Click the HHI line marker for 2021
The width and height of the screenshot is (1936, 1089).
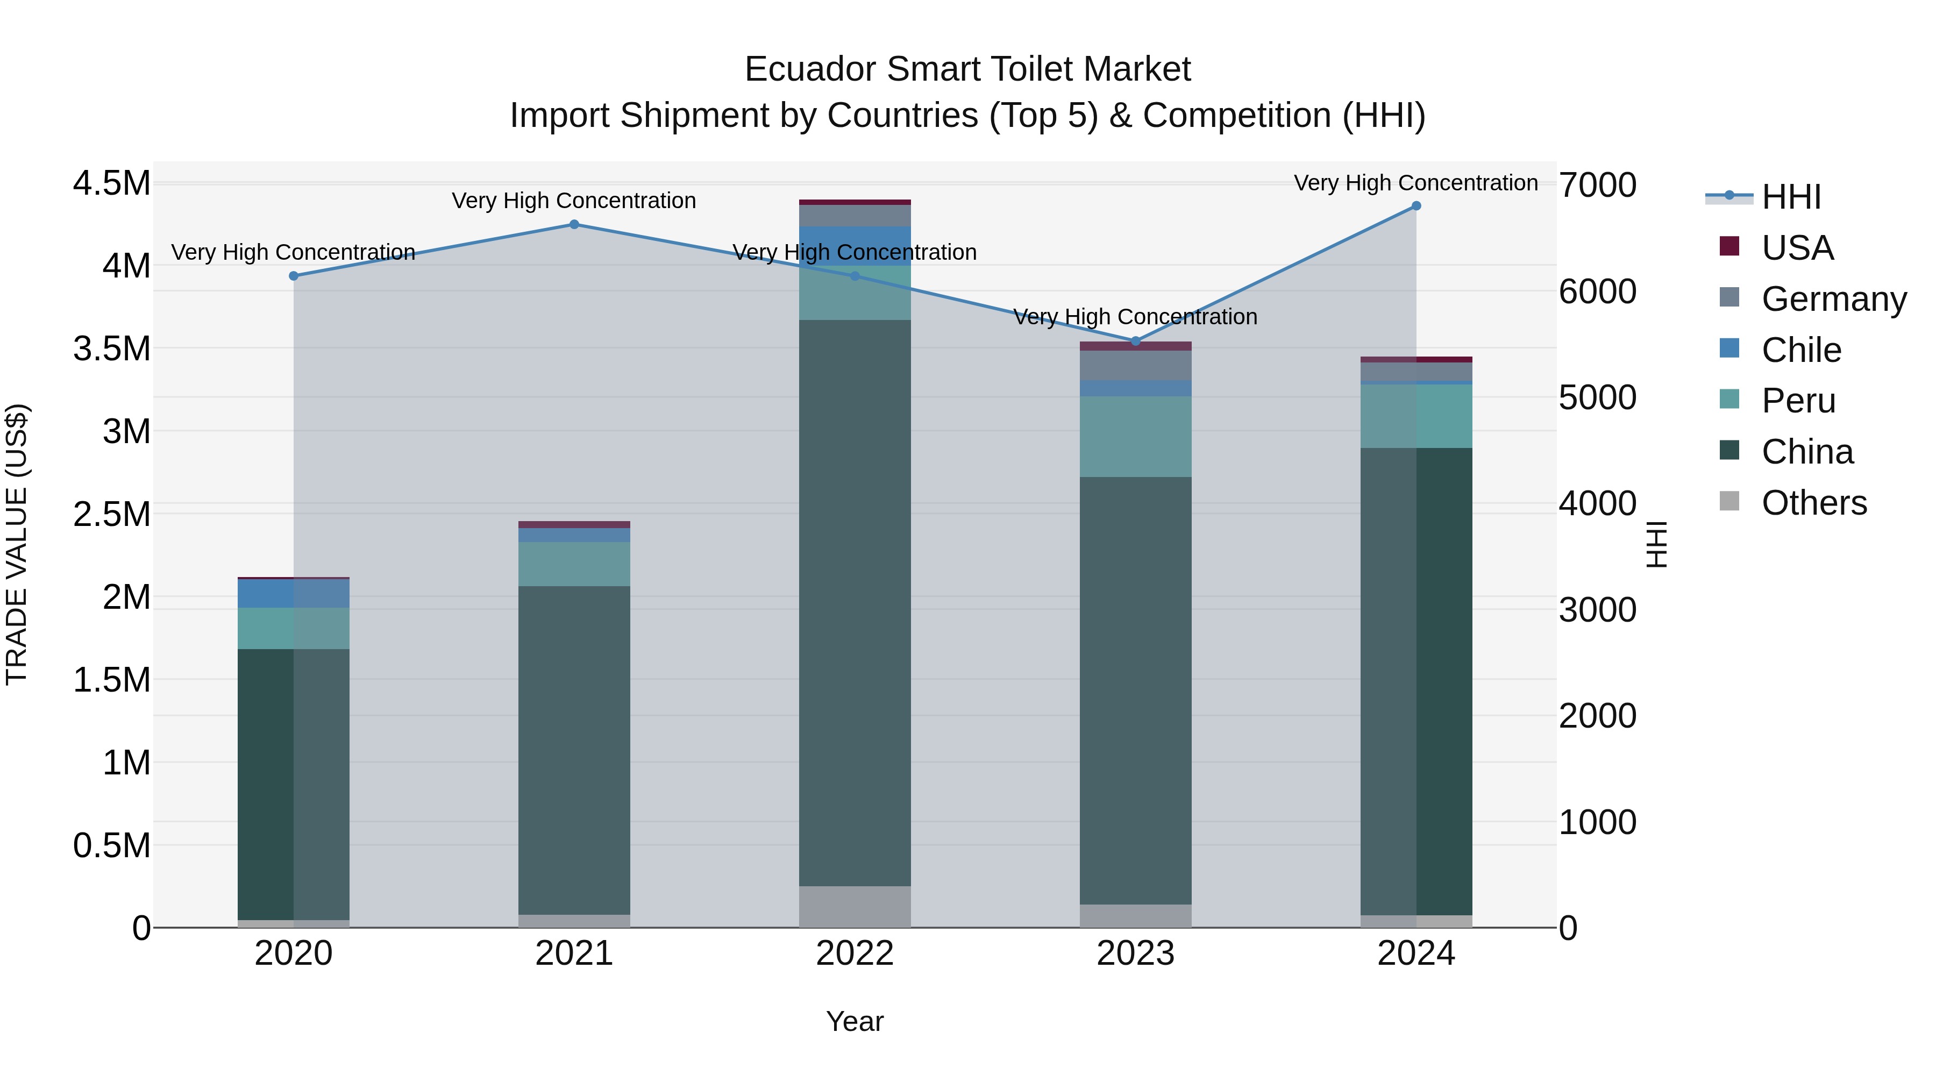[574, 224]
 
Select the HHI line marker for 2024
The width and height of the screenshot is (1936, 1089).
[1416, 206]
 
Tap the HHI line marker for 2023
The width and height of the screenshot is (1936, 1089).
[1136, 341]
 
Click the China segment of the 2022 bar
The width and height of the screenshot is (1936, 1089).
[855, 601]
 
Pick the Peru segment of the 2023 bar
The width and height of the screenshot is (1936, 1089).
[1136, 436]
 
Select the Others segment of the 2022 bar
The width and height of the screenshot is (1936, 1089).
[855, 906]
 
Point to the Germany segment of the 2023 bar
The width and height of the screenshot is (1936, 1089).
[1136, 365]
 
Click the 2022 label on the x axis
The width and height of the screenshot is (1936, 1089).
[855, 953]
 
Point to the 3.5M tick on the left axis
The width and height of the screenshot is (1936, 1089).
[111, 348]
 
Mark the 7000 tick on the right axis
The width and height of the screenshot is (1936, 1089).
[1597, 185]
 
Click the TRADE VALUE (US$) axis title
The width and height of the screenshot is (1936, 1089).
[17, 544]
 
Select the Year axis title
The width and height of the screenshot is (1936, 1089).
[855, 1021]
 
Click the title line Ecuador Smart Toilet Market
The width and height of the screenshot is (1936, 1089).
[967, 69]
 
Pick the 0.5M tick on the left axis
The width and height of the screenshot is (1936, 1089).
[111, 845]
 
